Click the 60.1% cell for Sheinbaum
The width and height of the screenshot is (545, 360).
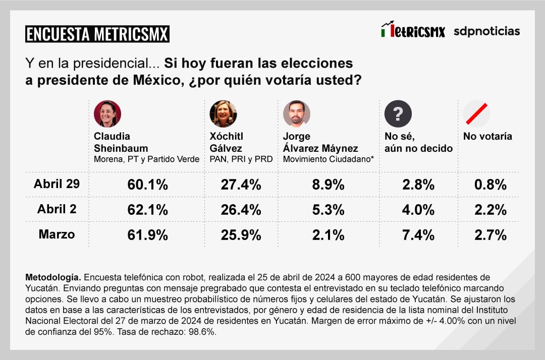click(x=147, y=185)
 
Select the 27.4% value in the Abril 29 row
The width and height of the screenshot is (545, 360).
click(x=241, y=185)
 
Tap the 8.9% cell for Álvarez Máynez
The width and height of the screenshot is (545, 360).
click(x=328, y=185)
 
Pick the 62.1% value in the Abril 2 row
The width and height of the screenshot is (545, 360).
click(x=147, y=209)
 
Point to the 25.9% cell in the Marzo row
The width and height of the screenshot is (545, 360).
click(x=241, y=234)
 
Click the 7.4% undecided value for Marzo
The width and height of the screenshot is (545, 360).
click(x=418, y=234)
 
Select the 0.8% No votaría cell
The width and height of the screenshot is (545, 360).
click(x=490, y=185)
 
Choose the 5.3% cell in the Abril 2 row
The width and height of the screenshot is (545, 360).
click(x=328, y=209)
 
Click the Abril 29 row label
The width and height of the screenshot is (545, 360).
click(x=57, y=184)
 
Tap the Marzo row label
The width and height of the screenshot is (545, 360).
click(x=57, y=234)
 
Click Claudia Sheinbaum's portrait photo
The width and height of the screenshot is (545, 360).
click(x=107, y=114)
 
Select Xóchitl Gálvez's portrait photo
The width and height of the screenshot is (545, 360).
click(x=223, y=114)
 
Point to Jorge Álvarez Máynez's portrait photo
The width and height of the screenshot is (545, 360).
click(x=296, y=114)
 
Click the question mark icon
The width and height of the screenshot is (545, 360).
click(x=398, y=114)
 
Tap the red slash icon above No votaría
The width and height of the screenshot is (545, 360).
click(x=476, y=114)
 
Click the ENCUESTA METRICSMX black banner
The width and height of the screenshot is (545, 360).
click(x=97, y=34)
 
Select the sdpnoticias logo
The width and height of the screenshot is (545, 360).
click(x=486, y=31)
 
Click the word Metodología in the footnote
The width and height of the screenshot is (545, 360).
click(x=53, y=278)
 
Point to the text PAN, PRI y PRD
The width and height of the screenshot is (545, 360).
click(x=241, y=159)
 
